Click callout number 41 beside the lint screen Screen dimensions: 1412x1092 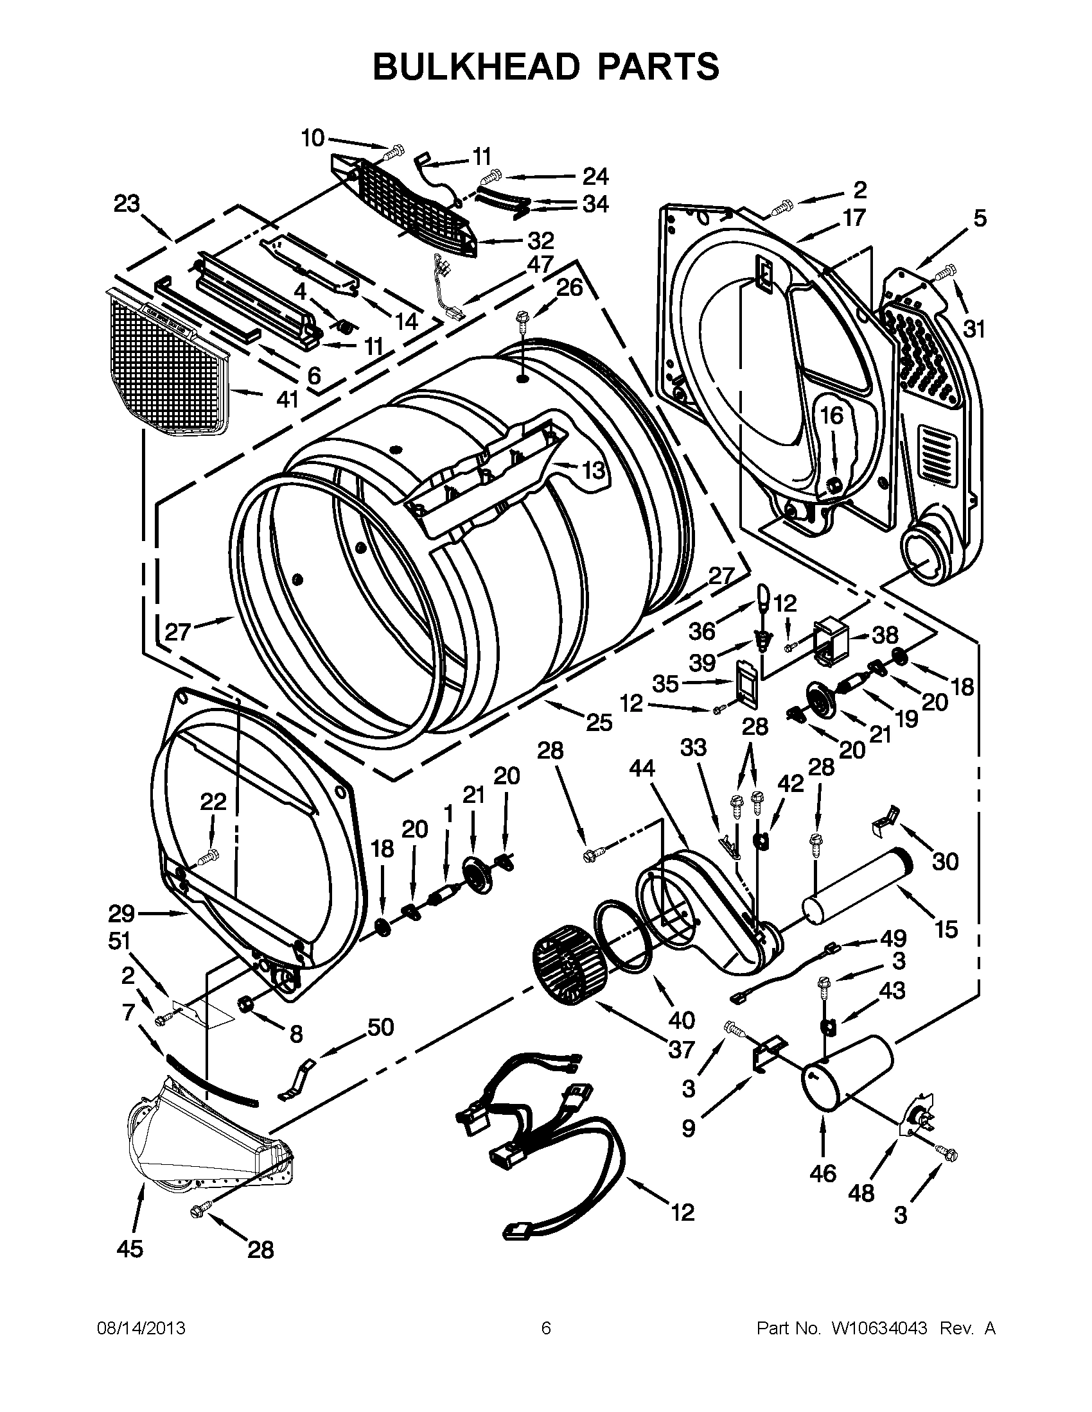287,400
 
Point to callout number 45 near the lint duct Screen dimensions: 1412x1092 129,1249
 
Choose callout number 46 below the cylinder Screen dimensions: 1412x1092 823,1173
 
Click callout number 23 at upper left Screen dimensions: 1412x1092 127,203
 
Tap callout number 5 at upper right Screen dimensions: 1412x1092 980,219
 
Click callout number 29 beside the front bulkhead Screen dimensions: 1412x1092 121,913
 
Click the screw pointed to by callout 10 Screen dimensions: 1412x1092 392,153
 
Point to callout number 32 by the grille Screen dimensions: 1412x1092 541,241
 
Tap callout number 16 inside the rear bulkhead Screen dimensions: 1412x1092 832,415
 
